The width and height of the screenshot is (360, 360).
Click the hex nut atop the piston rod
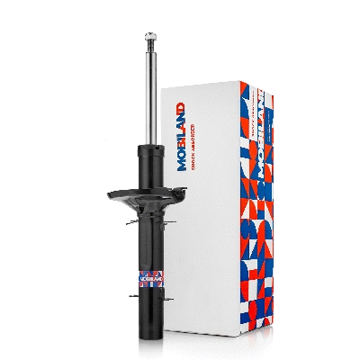(x=148, y=36)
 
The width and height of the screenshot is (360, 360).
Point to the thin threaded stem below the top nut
(x=148, y=45)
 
